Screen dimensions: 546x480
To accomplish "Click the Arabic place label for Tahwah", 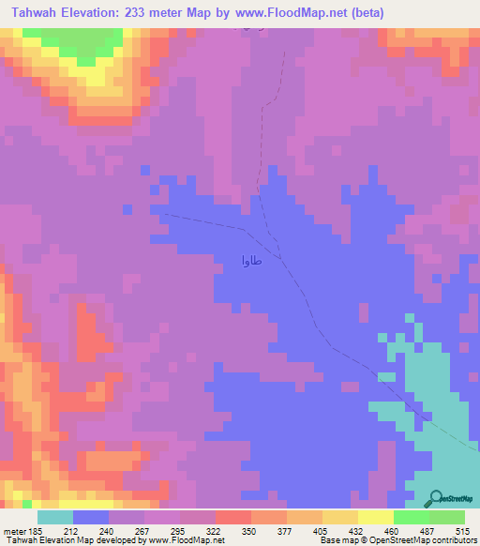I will pyautogui.click(x=251, y=258).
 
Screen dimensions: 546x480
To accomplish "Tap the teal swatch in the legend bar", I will pyautogui.click(x=55, y=517).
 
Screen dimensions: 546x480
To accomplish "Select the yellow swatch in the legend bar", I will pyautogui.click(x=375, y=517).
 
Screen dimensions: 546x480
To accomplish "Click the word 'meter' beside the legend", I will pyautogui.click(x=14, y=530).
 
